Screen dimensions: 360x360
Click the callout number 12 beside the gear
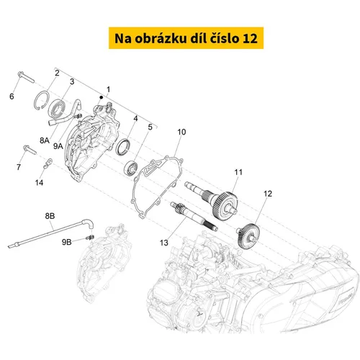268,194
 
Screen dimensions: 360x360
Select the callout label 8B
50,216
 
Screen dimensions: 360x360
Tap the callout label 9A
58,146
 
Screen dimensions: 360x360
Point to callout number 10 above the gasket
181,132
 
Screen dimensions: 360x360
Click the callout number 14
39,183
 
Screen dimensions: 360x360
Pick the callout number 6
12,96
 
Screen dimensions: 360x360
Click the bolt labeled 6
26,77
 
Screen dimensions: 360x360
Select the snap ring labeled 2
42,101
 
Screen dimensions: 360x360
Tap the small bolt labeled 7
30,150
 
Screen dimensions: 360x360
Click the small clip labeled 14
48,163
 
